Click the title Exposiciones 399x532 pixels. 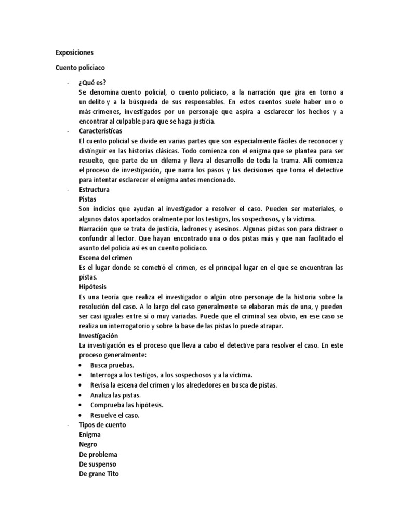75,52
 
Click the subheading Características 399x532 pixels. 100,131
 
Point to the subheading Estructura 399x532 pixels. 94,190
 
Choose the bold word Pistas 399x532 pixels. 87,199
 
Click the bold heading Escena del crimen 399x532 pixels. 105,258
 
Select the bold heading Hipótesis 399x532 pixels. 92,287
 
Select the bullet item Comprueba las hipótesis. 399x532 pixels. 123,405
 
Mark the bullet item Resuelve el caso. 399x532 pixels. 115,415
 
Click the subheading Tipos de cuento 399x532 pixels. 102,424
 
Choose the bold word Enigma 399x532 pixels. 90,434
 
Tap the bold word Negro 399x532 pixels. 88,444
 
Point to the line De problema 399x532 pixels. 99,454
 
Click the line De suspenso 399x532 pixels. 98,464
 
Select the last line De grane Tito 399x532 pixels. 99,474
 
